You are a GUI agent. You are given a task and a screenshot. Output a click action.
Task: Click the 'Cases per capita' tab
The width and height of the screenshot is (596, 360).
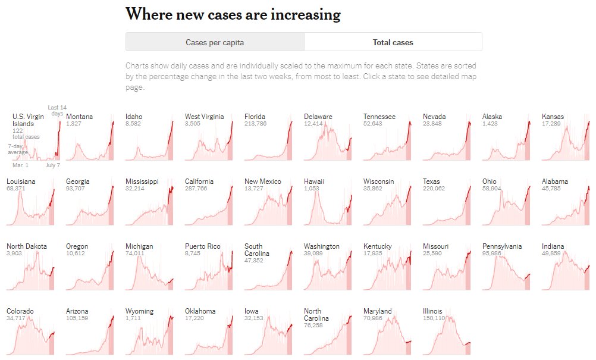(x=215, y=42)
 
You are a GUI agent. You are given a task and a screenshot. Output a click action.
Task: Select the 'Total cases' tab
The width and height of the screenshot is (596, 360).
(x=393, y=42)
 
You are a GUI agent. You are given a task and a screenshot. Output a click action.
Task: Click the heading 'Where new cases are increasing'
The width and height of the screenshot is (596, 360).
(x=233, y=14)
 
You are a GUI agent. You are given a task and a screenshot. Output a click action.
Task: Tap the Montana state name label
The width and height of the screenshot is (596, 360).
(x=79, y=117)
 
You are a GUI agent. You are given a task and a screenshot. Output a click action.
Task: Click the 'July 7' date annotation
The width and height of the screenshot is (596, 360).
(x=52, y=165)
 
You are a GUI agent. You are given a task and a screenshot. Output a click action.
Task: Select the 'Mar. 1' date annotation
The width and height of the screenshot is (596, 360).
(x=20, y=165)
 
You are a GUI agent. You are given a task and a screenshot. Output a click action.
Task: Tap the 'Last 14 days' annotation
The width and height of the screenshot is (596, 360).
(x=57, y=110)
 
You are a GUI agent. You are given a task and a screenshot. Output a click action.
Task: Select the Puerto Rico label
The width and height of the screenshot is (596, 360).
(x=202, y=246)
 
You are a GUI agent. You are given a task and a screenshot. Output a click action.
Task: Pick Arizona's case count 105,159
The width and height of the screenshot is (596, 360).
(x=77, y=318)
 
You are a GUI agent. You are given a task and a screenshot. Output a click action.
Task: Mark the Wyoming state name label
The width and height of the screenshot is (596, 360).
(x=139, y=311)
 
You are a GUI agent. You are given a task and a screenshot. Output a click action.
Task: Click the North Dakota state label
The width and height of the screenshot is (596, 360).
(x=26, y=246)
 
